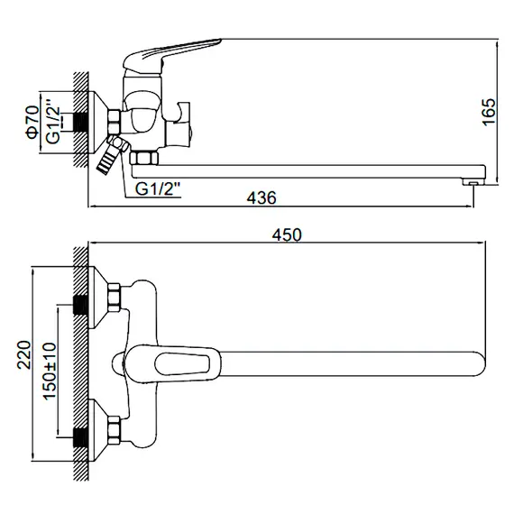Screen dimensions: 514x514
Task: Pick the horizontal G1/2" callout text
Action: click(158, 188)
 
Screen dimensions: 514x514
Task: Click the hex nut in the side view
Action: click(115, 123)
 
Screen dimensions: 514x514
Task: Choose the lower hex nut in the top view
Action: click(115, 431)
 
